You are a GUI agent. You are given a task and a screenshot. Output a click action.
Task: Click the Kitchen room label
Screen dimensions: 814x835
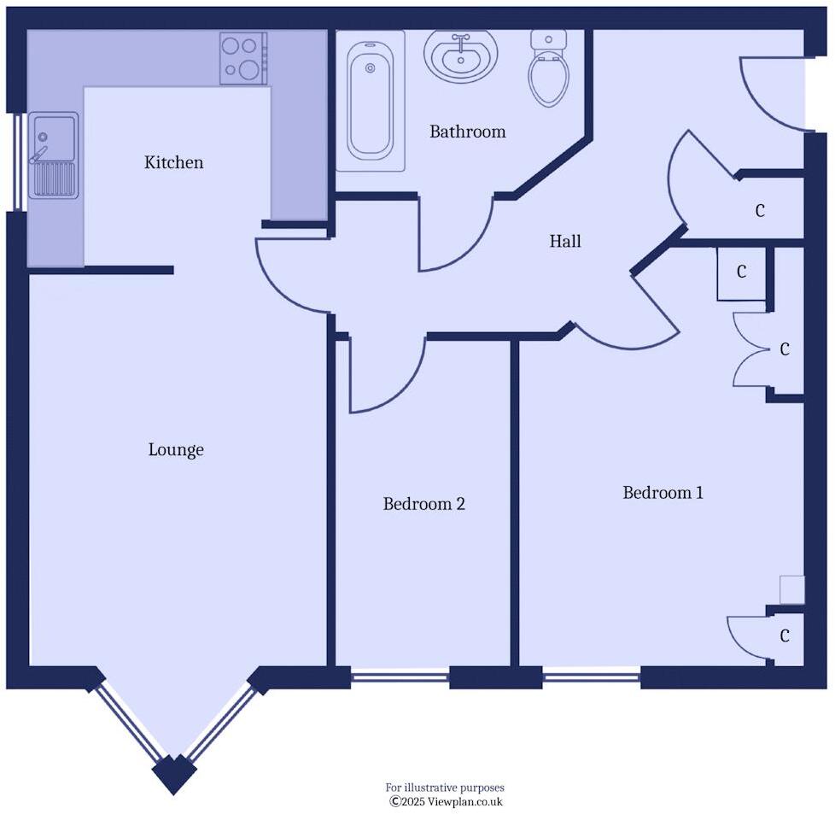(x=173, y=162)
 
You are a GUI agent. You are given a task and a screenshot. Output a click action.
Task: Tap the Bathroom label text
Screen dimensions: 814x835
(x=467, y=132)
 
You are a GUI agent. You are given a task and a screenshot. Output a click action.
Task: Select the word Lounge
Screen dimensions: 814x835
(x=176, y=449)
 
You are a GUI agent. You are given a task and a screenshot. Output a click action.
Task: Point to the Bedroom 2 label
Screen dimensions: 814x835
(x=423, y=504)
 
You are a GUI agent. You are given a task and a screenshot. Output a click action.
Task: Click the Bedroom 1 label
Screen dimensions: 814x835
(x=663, y=493)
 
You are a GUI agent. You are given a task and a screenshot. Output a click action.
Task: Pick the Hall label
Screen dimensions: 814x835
(x=565, y=242)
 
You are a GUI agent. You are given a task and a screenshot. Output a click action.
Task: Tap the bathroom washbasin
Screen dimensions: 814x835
(x=461, y=56)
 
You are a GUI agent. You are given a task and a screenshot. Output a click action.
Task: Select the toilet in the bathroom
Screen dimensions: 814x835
(x=548, y=68)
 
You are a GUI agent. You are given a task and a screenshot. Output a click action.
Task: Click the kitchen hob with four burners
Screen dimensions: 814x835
(x=243, y=58)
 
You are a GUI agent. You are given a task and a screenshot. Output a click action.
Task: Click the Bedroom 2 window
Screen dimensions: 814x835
(x=400, y=678)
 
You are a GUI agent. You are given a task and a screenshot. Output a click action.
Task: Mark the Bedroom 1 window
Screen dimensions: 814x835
(x=592, y=678)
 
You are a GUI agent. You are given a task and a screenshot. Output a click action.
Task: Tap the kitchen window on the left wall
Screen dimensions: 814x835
(x=17, y=161)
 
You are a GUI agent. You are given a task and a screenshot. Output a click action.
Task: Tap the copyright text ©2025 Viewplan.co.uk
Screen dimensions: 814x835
(x=447, y=801)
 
